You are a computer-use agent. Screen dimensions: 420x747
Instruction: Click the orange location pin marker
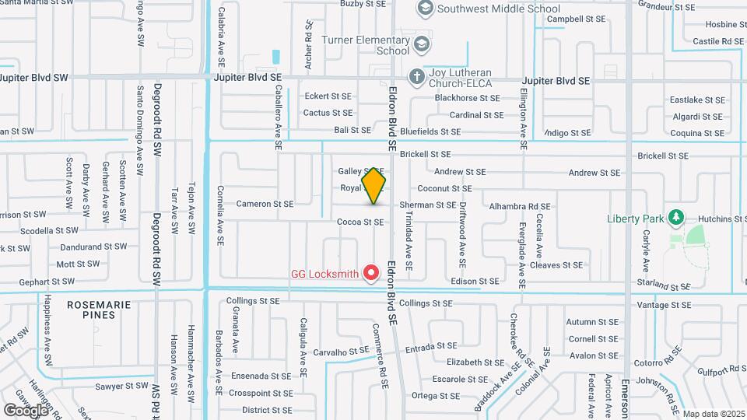[374, 185]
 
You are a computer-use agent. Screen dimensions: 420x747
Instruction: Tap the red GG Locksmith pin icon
[371, 273]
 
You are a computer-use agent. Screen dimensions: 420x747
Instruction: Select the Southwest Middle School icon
[425, 9]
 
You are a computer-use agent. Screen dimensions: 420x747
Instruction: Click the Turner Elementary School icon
[422, 42]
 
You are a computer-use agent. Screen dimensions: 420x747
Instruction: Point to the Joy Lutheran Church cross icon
[417, 76]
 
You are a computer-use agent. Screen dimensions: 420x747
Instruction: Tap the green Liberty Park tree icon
[676, 217]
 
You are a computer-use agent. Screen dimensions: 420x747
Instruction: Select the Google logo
[26, 410]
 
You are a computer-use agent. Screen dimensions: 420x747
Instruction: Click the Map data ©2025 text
[714, 414]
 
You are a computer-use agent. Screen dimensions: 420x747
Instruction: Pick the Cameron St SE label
[265, 204]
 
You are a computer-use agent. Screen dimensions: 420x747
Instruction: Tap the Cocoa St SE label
[360, 222]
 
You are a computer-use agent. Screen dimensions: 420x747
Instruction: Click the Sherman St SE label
[428, 205]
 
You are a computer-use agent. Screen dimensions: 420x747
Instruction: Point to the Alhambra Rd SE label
[519, 207]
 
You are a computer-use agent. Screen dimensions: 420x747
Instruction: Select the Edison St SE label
[475, 281]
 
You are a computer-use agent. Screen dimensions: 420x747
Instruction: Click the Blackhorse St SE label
[467, 98]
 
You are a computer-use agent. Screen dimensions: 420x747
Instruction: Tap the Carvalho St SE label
[339, 352]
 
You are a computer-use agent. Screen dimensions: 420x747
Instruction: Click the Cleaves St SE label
[556, 265]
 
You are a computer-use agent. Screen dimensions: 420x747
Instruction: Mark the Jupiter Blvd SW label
[34, 78]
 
